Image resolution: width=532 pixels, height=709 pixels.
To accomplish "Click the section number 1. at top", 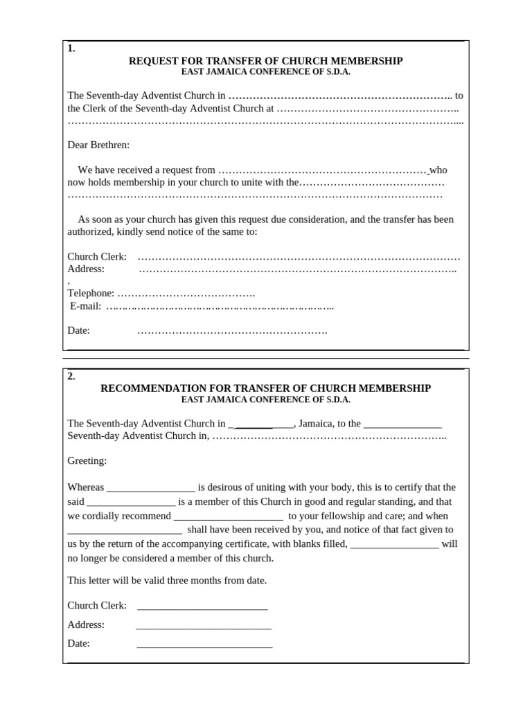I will click(71, 48).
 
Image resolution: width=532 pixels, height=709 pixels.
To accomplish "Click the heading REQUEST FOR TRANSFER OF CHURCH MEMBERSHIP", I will click(265, 61).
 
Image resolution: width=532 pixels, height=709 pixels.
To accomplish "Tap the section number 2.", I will click(71, 377).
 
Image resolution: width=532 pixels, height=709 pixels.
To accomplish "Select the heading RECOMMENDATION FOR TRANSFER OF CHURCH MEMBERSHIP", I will click(265, 388).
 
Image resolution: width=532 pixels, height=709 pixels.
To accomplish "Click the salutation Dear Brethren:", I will click(98, 145).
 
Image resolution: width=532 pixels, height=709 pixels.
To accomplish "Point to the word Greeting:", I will click(87, 460).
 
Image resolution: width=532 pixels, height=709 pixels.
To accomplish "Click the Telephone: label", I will click(91, 294).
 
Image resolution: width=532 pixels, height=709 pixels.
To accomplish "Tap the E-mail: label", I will click(86, 306).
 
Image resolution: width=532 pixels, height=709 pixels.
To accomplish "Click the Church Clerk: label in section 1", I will click(97, 256).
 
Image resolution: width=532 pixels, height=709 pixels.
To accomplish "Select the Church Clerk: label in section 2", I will click(97, 605).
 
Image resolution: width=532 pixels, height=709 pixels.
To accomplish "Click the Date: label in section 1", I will click(78, 330).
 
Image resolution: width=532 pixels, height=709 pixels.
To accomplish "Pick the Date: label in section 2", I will click(78, 643).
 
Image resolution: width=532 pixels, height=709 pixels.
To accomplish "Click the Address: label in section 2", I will click(86, 625).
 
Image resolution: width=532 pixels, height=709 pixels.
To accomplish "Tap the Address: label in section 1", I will click(86, 269).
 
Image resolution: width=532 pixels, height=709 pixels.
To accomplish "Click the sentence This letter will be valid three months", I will click(166, 580).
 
